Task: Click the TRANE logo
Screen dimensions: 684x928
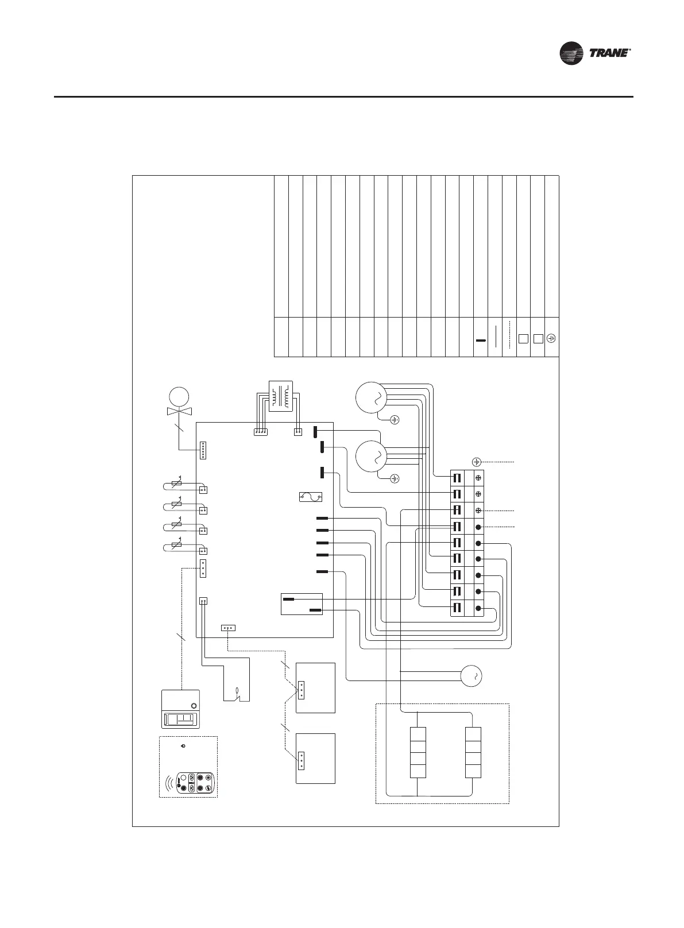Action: click(596, 53)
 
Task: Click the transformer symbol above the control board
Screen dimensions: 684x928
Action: click(281, 396)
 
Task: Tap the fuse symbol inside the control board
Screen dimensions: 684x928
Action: click(312, 497)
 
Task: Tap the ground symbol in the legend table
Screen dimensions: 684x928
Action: click(551, 338)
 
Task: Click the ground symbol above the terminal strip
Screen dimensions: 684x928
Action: click(476, 462)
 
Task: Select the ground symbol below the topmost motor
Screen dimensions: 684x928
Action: click(395, 419)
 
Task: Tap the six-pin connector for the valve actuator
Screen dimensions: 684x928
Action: click(203, 450)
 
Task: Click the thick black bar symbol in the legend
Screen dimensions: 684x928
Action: click(481, 340)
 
